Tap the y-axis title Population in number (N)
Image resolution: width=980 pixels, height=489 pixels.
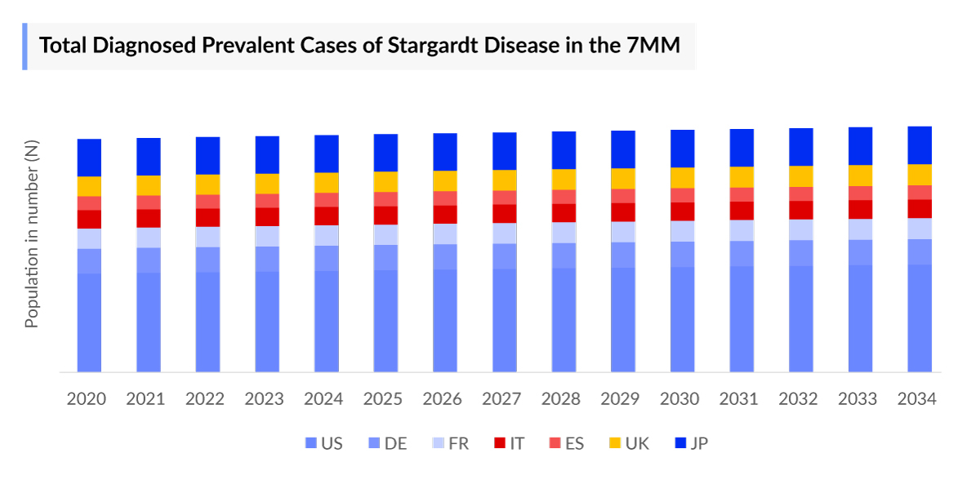click(x=32, y=233)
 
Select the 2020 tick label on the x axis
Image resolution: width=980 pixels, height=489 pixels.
click(x=87, y=399)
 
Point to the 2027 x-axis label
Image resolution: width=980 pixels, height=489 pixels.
click(x=501, y=399)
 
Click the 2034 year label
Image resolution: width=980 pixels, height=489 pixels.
click(x=917, y=399)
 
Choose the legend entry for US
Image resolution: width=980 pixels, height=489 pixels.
click(x=324, y=444)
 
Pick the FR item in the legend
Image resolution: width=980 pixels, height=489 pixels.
click(x=451, y=444)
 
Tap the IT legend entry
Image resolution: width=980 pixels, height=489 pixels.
click(x=510, y=444)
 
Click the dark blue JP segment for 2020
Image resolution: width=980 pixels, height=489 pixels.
click(x=89, y=158)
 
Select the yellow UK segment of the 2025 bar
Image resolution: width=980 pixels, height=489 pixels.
click(x=385, y=181)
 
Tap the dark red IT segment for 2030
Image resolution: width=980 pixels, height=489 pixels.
click(x=683, y=211)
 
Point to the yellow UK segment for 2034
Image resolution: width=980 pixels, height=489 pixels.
click(x=920, y=175)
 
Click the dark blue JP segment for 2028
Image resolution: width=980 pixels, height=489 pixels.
click(x=563, y=150)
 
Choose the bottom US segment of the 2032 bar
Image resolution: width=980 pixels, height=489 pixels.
click(x=801, y=318)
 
